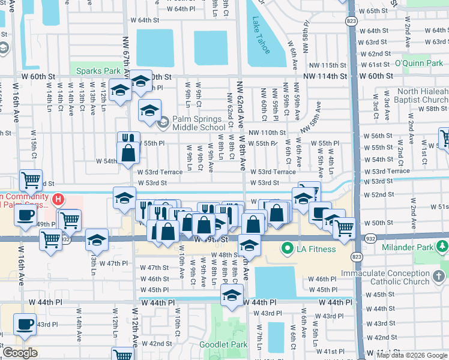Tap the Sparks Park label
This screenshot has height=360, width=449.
click(98, 71)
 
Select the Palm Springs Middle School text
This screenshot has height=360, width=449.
click(199, 123)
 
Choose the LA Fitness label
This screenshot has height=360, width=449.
click(318, 247)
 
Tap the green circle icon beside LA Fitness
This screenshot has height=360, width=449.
click(288, 247)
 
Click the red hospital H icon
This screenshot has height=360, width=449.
click(58, 199)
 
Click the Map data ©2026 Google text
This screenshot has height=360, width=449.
click(412, 355)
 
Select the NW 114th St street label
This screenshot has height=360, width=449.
click(325, 76)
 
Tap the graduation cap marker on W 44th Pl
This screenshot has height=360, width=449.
click(232, 294)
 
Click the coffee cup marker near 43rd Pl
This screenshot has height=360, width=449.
click(25, 324)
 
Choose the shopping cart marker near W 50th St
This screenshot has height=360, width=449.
click(344, 227)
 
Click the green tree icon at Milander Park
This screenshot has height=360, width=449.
click(443, 246)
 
